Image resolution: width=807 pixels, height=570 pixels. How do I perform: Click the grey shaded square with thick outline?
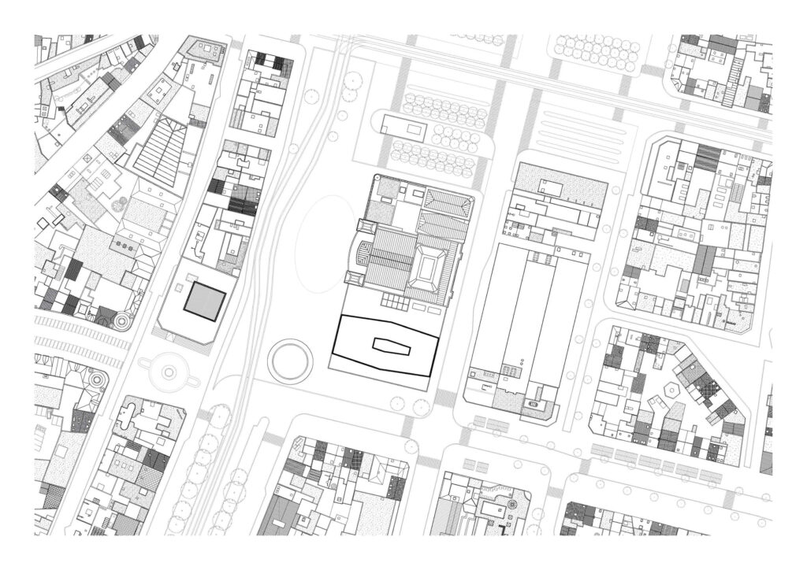coord(205,302)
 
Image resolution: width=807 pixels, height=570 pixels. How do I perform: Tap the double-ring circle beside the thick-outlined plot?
coord(290,361)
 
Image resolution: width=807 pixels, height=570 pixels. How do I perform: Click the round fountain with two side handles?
coord(168,369)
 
